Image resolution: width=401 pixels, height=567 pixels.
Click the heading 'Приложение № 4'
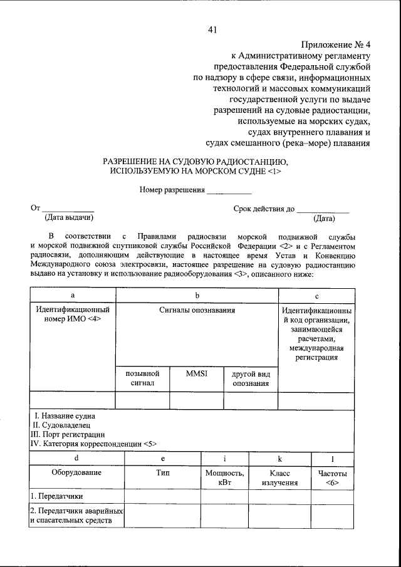click(336, 44)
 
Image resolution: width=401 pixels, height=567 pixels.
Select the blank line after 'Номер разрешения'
click(229, 189)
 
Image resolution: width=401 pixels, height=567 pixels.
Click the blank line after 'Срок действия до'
click(323, 209)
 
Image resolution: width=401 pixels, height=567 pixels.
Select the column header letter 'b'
click(197, 294)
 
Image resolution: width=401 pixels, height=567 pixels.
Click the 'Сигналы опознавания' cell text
click(197, 310)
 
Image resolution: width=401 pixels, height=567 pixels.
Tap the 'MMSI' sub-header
click(196, 373)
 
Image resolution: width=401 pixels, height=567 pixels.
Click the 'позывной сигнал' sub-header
click(142, 378)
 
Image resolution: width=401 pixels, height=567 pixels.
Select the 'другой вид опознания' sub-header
click(251, 378)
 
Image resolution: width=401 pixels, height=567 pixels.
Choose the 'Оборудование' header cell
click(76, 474)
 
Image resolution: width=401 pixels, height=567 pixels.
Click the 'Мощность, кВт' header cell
click(225, 479)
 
